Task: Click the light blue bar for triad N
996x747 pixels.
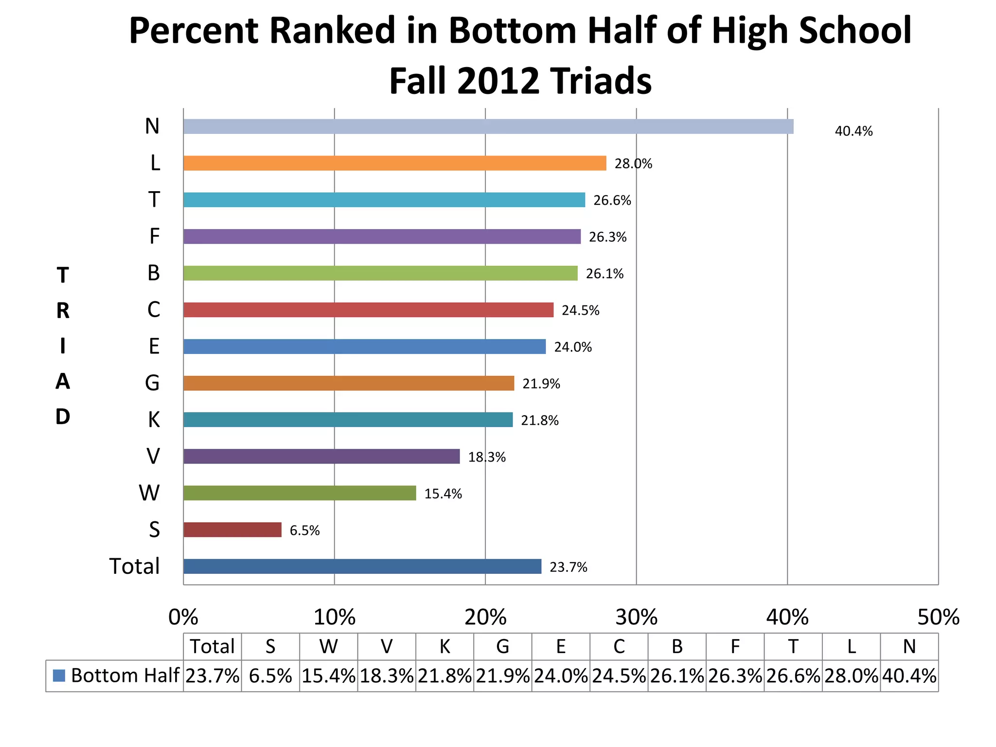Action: pyautogui.click(x=488, y=126)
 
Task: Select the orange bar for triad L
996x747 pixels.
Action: pyautogui.click(x=394, y=163)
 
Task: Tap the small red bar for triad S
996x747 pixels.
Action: pyautogui.click(x=232, y=530)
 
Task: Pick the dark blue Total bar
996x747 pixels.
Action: pyautogui.click(x=362, y=566)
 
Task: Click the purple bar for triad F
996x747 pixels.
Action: pyautogui.click(x=382, y=236)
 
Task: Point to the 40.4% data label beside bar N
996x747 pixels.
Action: pyautogui.click(x=854, y=131)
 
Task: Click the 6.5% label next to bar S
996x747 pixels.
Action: pyautogui.click(x=304, y=531)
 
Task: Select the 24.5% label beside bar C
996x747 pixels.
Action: pyautogui.click(x=580, y=310)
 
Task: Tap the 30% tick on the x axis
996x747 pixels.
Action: pyautogui.click(x=636, y=618)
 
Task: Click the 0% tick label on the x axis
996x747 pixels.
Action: pyautogui.click(x=183, y=618)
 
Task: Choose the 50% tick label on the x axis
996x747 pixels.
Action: pyautogui.click(x=938, y=618)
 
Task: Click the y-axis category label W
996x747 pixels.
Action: pyautogui.click(x=149, y=493)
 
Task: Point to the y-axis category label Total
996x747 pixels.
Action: pyautogui.click(x=134, y=567)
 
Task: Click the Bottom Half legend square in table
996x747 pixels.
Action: pyautogui.click(x=59, y=676)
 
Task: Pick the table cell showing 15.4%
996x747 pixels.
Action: pyautogui.click(x=328, y=676)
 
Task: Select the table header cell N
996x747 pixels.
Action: pyautogui.click(x=909, y=646)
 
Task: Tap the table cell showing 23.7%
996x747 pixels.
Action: pyautogui.click(x=213, y=676)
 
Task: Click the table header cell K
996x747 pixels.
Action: pyautogui.click(x=445, y=646)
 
